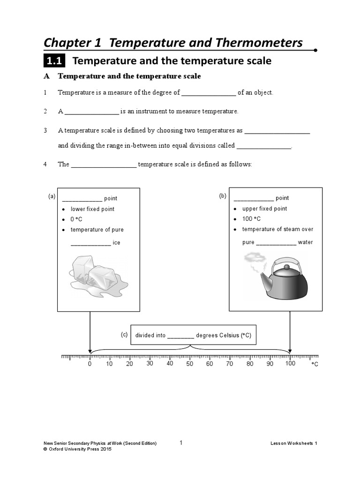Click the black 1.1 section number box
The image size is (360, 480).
55,61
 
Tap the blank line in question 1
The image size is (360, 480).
208,93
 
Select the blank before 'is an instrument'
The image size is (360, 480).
92,112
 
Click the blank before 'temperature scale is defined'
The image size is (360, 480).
103,165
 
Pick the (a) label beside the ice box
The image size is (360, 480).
52,196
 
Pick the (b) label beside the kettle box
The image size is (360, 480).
223,196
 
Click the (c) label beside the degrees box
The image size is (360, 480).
124,335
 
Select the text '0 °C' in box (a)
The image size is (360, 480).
76,219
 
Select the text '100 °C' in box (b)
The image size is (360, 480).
251,219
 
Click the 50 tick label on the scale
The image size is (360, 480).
189,364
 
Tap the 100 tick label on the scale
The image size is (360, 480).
290,364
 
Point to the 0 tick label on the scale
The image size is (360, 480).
90,364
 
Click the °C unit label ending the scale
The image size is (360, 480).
315,364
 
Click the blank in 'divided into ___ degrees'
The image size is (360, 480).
180,336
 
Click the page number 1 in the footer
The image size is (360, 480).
181,442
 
